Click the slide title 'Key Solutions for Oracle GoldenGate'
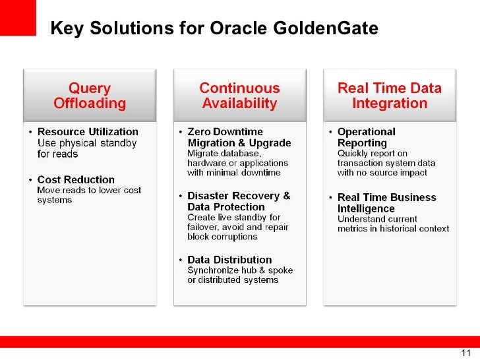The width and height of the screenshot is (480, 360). tap(214, 29)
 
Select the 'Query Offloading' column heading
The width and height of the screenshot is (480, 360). tap(90, 96)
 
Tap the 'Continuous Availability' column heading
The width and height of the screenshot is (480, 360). tap(239, 96)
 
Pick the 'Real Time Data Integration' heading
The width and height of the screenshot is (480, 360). tap(390, 96)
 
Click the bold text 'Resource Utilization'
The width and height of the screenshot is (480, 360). tap(88, 132)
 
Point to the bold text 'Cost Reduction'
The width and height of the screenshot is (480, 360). tap(76, 179)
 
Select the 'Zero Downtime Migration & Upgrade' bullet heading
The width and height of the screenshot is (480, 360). tap(239, 137)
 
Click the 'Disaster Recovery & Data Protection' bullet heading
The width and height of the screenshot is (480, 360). tap(239, 201)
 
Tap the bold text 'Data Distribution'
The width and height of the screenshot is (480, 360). tap(229, 260)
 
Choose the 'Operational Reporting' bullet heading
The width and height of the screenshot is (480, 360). tap(366, 137)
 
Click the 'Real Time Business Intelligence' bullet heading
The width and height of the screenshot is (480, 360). tap(386, 202)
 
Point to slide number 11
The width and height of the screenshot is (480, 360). tap(466, 351)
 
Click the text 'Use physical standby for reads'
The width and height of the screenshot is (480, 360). tap(86, 148)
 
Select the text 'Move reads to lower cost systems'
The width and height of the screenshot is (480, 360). tap(89, 195)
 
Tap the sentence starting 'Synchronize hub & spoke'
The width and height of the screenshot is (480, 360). tap(240, 275)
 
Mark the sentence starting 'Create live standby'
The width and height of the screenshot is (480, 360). tap(233, 227)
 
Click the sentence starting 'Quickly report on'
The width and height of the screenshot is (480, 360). tap(386, 163)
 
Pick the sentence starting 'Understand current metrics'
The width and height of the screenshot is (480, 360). tap(393, 224)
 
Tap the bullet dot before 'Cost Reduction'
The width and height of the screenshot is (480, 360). tap(30, 180)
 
